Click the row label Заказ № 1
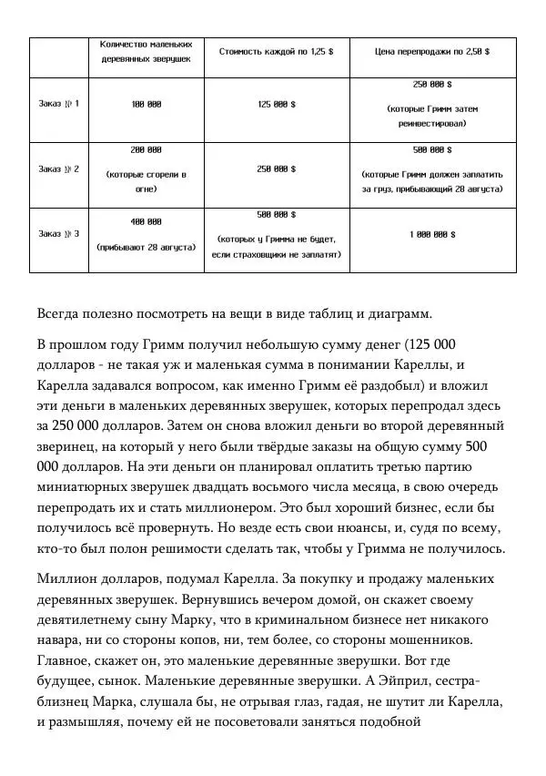[x=58, y=104]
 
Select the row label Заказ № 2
[x=58, y=168]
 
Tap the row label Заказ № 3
[x=58, y=234]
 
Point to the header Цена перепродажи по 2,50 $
[x=432, y=52]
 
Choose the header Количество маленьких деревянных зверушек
[x=146, y=52]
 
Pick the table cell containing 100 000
[x=146, y=104]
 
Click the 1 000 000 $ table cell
[x=432, y=234]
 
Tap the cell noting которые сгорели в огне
[x=146, y=180]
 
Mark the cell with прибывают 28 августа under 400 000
[x=146, y=246]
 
